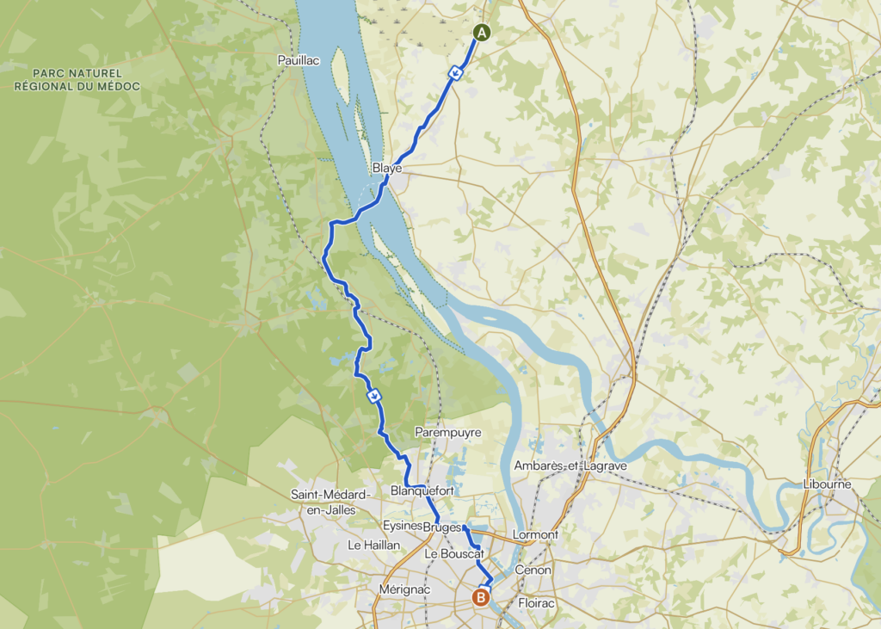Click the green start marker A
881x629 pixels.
point(482,33)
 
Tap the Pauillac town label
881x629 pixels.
point(299,60)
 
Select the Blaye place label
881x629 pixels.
point(387,169)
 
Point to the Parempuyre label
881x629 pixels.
point(447,431)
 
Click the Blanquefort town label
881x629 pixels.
point(422,490)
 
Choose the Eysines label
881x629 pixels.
point(402,526)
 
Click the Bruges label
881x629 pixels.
point(442,527)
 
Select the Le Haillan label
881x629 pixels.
point(373,545)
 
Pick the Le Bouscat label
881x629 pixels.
point(455,555)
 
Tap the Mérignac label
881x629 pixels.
point(404,589)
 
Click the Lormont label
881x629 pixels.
point(535,534)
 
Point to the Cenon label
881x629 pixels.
point(533,570)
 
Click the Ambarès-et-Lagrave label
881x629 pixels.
point(570,466)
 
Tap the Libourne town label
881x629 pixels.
point(827,484)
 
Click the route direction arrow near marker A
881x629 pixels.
point(458,73)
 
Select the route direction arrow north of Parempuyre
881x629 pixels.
point(373,396)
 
